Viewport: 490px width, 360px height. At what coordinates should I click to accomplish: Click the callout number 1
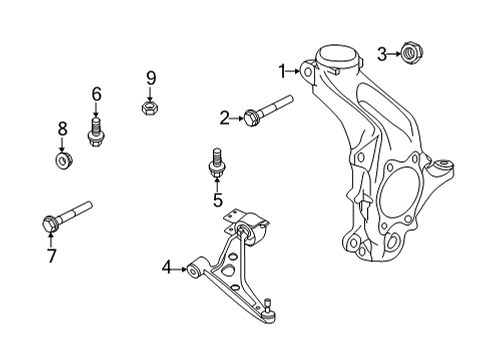[283, 70]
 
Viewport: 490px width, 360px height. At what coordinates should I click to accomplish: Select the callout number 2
[225, 119]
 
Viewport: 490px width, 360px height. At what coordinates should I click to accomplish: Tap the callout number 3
[381, 52]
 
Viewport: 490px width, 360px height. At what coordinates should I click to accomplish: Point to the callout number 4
[167, 267]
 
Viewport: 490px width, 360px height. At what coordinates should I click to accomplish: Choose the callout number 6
[97, 94]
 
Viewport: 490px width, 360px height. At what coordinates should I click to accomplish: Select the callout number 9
[151, 77]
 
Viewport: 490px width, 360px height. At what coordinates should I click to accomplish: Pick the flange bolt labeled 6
[97, 130]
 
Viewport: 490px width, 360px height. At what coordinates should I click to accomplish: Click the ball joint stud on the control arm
[271, 306]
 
